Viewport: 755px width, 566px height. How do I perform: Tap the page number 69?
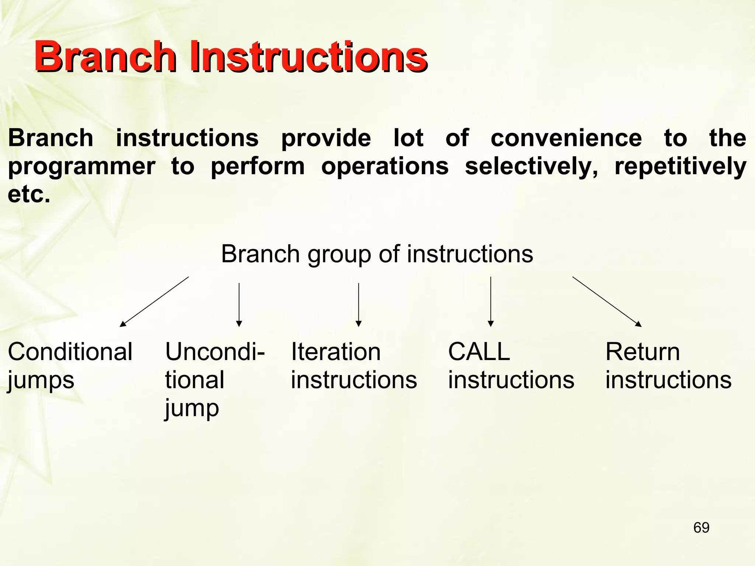(701, 528)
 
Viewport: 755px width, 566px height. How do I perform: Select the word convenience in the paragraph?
(566, 138)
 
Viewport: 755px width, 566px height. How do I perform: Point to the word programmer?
(81, 167)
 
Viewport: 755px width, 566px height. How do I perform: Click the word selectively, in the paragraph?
(531, 167)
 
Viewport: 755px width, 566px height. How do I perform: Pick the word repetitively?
(681, 167)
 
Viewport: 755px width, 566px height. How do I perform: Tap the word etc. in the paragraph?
(29, 194)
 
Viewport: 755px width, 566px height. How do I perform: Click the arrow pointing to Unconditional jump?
(239, 305)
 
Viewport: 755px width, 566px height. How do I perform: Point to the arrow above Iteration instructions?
(358, 305)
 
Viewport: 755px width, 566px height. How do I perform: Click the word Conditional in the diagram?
(70, 352)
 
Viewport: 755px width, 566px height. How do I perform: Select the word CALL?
(479, 352)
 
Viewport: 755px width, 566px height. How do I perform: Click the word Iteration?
(335, 352)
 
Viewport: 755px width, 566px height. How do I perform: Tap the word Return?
(643, 352)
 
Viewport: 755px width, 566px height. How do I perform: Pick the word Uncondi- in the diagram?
(215, 352)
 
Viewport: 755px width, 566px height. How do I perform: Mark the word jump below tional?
(192, 408)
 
